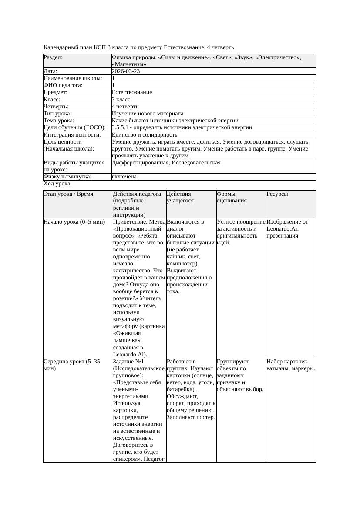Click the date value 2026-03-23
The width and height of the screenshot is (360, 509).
pos(126,71)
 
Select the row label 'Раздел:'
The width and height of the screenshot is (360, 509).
pos(53,57)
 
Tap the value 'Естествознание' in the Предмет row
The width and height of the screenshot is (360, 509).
pos(132,92)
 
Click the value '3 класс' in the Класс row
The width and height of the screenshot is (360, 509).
pos(121,99)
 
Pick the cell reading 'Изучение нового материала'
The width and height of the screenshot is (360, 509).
pos(148,113)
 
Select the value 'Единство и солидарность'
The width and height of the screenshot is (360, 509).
pos(145,134)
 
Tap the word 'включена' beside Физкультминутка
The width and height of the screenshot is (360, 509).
pos(124,177)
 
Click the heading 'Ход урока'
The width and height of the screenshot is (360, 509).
pos(57,184)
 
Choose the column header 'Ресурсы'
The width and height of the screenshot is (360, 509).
pos(277,194)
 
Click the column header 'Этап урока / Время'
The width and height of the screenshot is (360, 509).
pos(68,194)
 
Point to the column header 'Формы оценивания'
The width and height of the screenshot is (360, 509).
pos(232,197)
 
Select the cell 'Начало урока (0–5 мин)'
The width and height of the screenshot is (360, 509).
pos(74,222)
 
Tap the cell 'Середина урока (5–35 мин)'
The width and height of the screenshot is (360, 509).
pos(72,365)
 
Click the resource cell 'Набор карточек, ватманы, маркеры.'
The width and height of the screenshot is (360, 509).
pos(290,365)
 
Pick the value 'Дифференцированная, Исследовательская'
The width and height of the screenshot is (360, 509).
pos(166,163)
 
